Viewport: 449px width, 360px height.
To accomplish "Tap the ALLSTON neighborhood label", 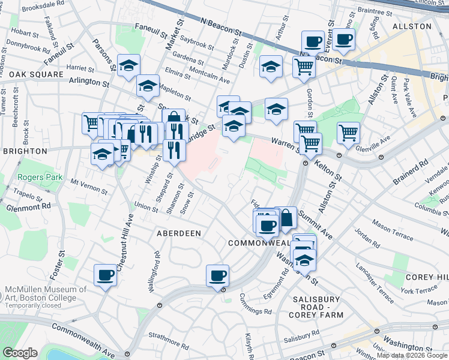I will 412,26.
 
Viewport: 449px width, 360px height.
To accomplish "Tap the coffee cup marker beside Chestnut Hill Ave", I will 106,275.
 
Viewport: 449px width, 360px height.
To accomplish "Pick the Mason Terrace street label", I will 393,230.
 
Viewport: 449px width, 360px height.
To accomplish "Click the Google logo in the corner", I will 20,353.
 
